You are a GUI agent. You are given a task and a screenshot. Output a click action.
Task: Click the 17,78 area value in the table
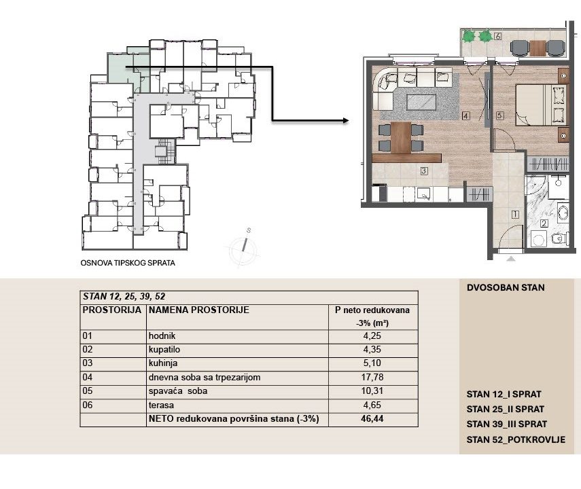(372, 377)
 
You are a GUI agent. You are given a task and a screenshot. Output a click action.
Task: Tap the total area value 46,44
(372, 419)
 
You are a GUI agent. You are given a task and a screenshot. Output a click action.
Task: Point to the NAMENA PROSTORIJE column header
(198, 310)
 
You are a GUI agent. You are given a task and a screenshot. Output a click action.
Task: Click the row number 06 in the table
(88, 405)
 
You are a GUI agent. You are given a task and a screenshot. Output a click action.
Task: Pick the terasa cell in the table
(161, 405)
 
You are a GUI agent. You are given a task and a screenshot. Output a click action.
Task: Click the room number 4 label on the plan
(465, 116)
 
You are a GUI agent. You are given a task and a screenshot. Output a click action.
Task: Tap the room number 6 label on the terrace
(497, 36)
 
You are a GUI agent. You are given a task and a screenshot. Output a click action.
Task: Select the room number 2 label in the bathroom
(544, 223)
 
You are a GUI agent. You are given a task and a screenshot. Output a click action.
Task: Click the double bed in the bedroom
(542, 105)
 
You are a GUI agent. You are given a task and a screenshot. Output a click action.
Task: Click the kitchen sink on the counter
(423, 194)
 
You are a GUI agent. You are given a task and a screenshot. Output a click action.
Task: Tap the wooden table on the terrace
(538, 48)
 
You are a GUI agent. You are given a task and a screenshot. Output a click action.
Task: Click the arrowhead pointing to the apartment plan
(346, 120)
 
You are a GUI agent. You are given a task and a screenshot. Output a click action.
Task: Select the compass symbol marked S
(244, 247)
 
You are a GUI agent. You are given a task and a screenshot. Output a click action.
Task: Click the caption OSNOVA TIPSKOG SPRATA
(128, 263)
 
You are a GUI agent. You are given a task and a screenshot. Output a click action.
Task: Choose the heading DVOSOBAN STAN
(506, 287)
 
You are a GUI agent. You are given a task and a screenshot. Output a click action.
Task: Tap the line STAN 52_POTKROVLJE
(516, 439)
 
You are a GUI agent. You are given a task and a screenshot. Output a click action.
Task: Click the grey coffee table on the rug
(421, 103)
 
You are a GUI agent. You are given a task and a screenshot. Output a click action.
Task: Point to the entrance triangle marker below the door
(511, 259)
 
